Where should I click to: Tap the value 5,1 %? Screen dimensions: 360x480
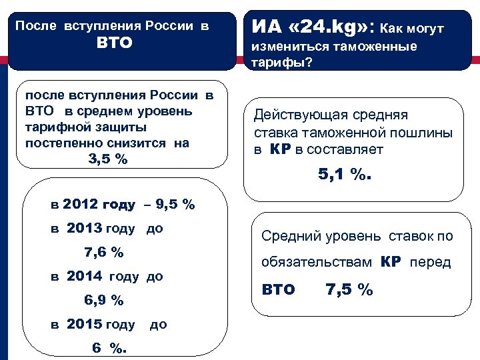[x=343, y=175]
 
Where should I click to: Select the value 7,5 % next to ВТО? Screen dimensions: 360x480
[x=349, y=289]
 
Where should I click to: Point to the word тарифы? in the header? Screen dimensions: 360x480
[x=279, y=62]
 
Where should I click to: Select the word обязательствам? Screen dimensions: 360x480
[x=317, y=262]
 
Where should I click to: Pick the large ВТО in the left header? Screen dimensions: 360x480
[x=115, y=43]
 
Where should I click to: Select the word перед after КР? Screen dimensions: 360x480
[x=430, y=262]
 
